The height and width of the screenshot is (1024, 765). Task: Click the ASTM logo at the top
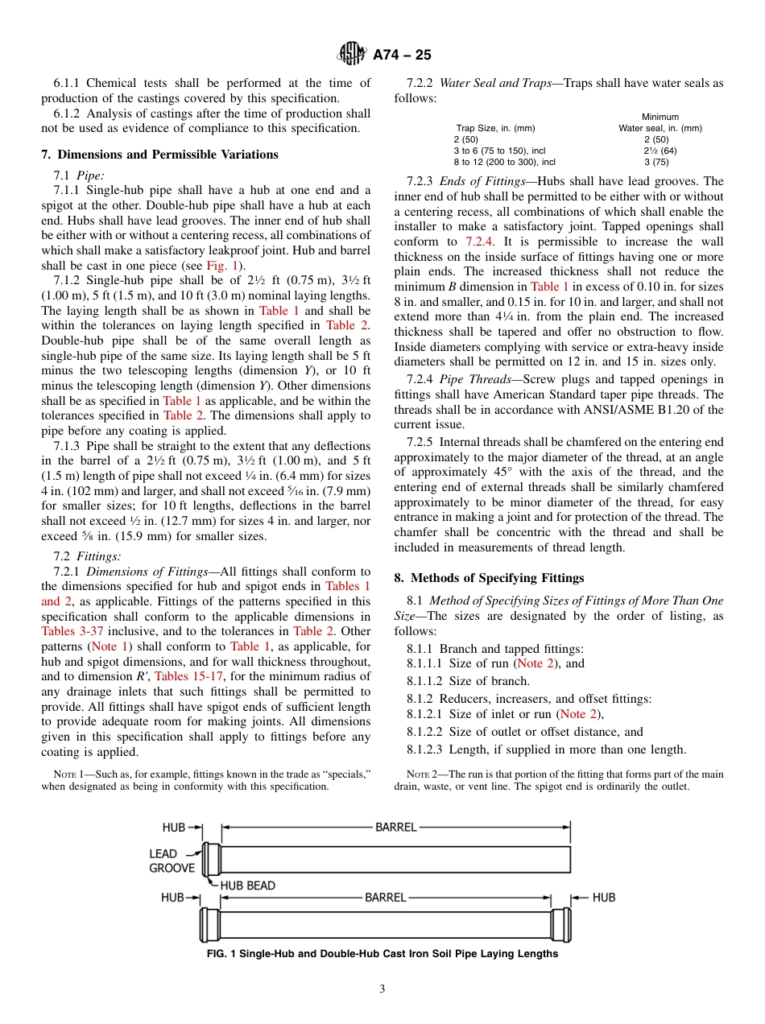pyautogui.click(x=352, y=55)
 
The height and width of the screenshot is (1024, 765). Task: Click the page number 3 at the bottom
pyautogui.click(x=382, y=989)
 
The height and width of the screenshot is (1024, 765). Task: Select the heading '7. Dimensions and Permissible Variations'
pyautogui.click(x=159, y=155)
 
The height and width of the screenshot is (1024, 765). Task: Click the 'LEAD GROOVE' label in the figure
pyautogui.click(x=172, y=861)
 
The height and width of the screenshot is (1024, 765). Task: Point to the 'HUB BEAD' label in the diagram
pyautogui.click(x=247, y=886)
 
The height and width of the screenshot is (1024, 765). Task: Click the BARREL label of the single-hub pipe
pyautogui.click(x=395, y=827)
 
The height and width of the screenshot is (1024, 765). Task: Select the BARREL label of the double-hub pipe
pyautogui.click(x=385, y=898)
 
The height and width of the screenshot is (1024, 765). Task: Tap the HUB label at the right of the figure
pyautogui.click(x=603, y=898)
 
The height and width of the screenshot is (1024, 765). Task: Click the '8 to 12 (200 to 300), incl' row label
pyautogui.click(x=504, y=162)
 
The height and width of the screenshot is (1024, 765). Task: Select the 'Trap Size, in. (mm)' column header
pyautogui.click(x=495, y=128)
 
